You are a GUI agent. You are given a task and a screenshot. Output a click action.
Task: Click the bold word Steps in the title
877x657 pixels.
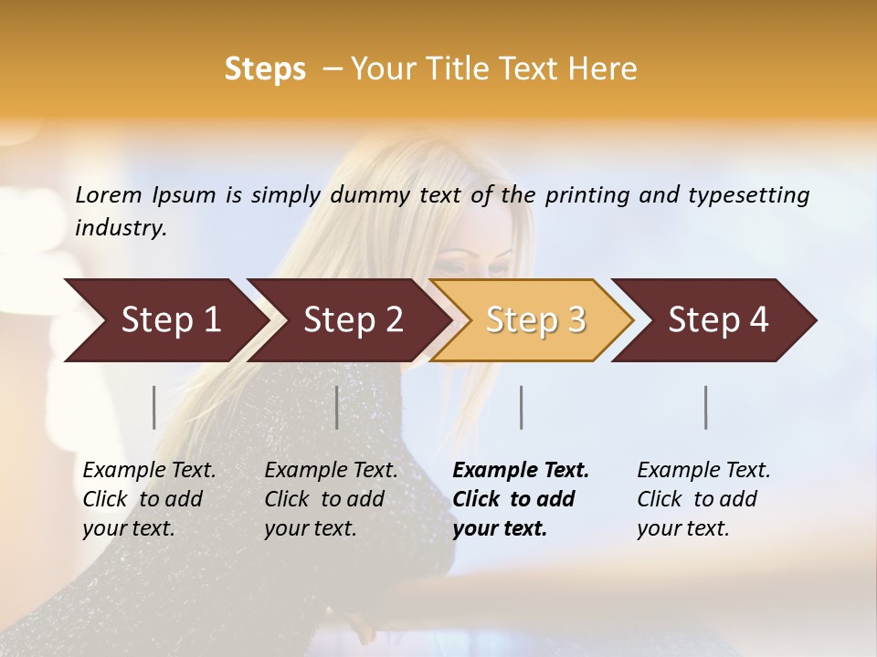click(265, 69)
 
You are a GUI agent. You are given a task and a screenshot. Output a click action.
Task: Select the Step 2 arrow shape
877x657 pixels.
click(353, 320)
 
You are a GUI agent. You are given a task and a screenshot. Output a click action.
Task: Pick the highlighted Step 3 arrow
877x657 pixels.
click(535, 320)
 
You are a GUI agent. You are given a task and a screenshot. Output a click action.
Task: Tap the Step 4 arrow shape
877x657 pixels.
click(718, 320)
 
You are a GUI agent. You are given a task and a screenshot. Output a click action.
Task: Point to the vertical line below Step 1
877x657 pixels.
click(154, 407)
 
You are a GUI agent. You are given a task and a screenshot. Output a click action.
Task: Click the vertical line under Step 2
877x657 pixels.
click(337, 407)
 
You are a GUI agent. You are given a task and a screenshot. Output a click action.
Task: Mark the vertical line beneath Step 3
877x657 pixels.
click(522, 407)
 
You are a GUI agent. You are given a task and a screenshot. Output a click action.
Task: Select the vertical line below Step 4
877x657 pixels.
click(706, 407)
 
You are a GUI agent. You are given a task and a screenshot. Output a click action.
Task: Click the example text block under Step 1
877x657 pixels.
click(149, 499)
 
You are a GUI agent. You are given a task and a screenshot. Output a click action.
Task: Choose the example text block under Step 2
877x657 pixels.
click(331, 499)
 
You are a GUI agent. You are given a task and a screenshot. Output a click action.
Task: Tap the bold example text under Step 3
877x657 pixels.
click(521, 499)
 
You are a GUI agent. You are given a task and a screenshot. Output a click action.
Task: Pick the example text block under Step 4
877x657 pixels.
click(703, 499)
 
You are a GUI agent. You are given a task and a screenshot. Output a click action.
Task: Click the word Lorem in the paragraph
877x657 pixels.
click(109, 195)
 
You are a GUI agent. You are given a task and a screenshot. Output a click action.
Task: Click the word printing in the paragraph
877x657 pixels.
click(588, 195)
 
